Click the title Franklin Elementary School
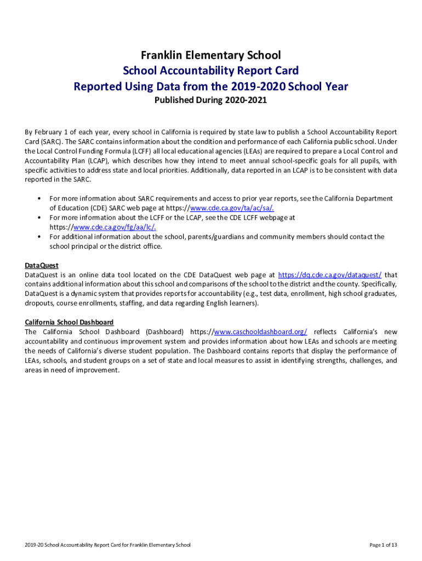click(x=211, y=55)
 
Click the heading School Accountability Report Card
click(x=211, y=71)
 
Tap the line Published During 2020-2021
click(x=211, y=100)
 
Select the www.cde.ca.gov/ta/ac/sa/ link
click(x=232, y=208)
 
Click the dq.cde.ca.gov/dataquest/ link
click(x=330, y=275)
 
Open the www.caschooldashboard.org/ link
click(x=260, y=332)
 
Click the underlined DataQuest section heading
click(x=42, y=266)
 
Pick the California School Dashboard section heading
click(x=69, y=323)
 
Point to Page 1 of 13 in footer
click(x=383, y=545)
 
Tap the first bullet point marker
click(x=39, y=198)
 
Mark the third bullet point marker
click(x=39, y=237)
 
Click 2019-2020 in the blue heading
click(x=255, y=87)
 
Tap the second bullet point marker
click(x=39, y=217)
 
